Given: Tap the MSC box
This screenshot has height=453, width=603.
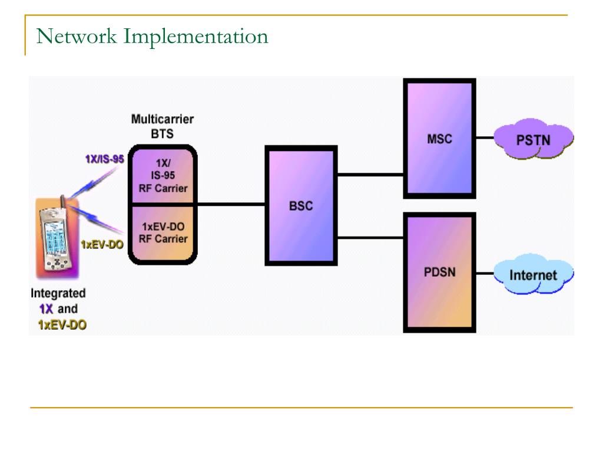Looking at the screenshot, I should coord(439,139).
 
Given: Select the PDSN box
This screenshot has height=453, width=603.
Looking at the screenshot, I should coord(439,273).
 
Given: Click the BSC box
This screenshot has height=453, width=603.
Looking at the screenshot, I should coord(301,205).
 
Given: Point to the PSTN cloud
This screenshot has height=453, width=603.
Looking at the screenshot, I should coord(533,140).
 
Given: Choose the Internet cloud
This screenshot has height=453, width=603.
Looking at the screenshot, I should coord(532,274).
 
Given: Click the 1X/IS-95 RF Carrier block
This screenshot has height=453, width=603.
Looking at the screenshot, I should coord(163,176).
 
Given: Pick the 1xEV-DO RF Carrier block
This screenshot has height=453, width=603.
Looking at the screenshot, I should coord(163,232).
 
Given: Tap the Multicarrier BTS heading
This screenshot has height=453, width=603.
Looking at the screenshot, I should coord(162,126).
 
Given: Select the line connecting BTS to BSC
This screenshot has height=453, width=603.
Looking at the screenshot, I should coord(231,204).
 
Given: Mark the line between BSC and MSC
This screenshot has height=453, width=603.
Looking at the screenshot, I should coord(370,174).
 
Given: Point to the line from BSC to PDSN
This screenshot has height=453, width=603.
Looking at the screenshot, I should coord(370,238).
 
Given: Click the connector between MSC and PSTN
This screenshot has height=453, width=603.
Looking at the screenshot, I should coord(485,139).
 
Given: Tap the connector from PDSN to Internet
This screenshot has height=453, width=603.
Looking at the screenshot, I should coord(485,274).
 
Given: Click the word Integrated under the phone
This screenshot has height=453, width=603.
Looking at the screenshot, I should coord(58,293).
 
